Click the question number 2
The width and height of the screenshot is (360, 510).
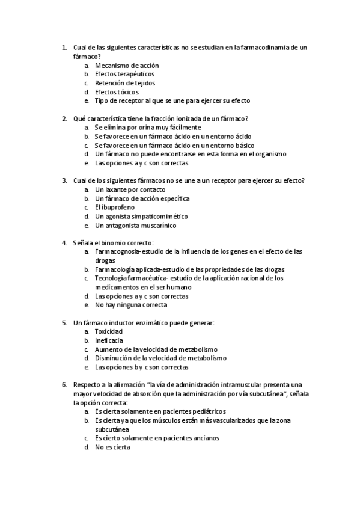pyautogui.click(x=64, y=118)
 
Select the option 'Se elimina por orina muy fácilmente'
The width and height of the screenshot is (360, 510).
pyautogui.click(x=148, y=127)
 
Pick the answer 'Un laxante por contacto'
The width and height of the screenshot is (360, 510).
pyautogui.click(x=130, y=190)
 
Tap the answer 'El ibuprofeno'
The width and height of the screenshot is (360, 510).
pyautogui.click(x=114, y=207)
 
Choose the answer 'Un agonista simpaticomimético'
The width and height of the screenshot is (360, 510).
pyautogui.click(x=141, y=217)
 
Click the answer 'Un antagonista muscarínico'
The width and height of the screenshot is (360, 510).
pyautogui.click(x=136, y=226)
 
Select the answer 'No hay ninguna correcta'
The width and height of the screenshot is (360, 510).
pyautogui.click(x=131, y=305)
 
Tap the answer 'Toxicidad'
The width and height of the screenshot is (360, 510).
pyautogui.click(x=109, y=332)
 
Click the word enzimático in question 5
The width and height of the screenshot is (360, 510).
pyautogui.click(x=143, y=323)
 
